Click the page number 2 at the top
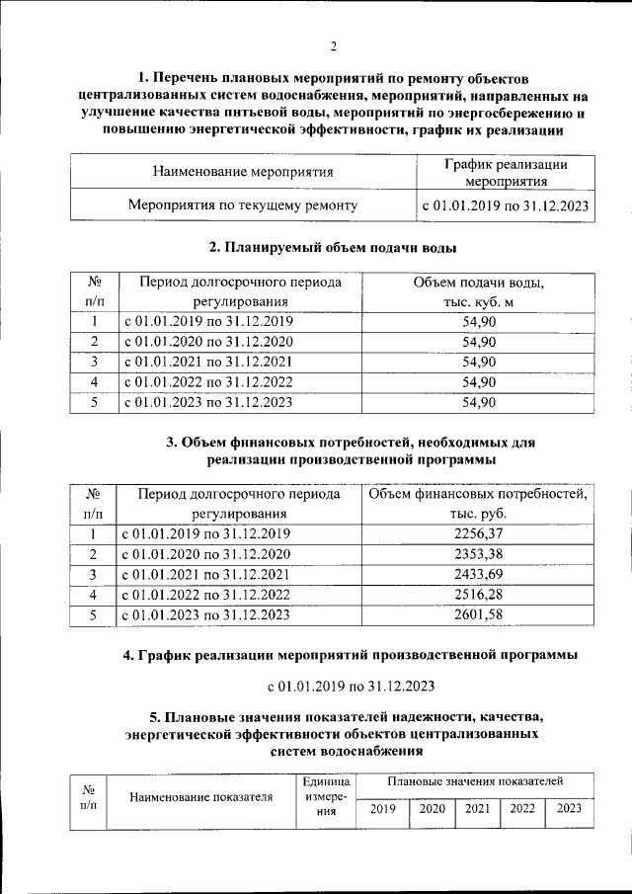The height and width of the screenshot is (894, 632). [334, 46]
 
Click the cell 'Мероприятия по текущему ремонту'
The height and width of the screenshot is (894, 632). [243, 205]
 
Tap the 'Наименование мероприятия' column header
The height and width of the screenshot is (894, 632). [243, 172]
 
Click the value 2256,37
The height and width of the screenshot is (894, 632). [478, 533]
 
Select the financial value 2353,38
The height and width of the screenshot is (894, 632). [478, 553]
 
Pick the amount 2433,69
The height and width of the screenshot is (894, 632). [478, 574]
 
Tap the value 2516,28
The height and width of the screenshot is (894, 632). [478, 595]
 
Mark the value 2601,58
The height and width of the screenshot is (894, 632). [478, 615]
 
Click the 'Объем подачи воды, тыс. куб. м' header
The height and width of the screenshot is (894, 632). [478, 292]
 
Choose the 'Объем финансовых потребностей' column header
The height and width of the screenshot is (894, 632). [478, 503]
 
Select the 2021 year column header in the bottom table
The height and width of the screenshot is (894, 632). [477, 809]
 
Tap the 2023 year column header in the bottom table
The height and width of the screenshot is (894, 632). [569, 809]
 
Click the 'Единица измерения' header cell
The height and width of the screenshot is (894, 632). [322, 795]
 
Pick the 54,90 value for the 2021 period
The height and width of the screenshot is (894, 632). [478, 362]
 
